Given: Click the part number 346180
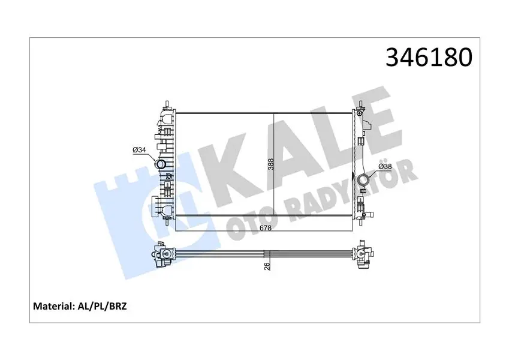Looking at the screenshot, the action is coord(429,58).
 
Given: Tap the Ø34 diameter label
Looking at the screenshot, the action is coord(139,150).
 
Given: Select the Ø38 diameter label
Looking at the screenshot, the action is coord(385,167).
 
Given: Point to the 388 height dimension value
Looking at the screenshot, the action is coord(271,164).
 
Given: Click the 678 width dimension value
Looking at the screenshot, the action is coord(266,228).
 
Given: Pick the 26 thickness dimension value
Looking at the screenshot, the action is coord(267,266).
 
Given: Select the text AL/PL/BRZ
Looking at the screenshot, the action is coord(101,306).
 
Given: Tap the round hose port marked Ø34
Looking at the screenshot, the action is coord(161,164).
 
